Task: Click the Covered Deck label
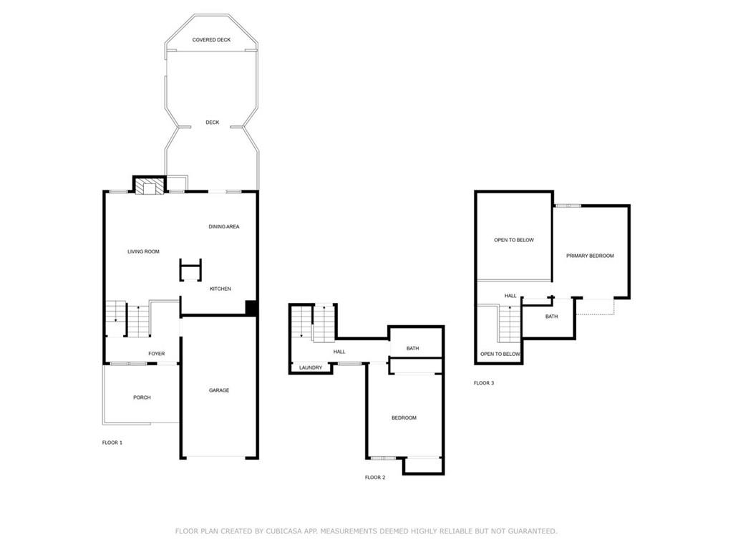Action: click(211, 40)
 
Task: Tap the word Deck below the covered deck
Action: click(212, 122)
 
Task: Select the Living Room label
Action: click(143, 251)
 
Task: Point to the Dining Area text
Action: click(224, 226)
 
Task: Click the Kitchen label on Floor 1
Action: click(220, 289)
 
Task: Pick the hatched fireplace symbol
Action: click(150, 187)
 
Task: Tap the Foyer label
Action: click(157, 354)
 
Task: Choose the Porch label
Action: click(142, 397)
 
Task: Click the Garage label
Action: click(219, 390)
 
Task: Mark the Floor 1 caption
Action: click(112, 443)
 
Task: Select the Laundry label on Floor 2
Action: click(311, 367)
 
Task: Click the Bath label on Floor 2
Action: click(413, 349)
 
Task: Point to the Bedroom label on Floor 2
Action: click(404, 418)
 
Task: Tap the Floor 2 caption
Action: click(375, 478)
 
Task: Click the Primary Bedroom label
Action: click(590, 256)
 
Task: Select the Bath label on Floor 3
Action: click(552, 317)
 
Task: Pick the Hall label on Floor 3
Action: click(510, 296)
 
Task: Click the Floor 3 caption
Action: click(484, 383)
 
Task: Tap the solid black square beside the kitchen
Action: click(251, 307)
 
